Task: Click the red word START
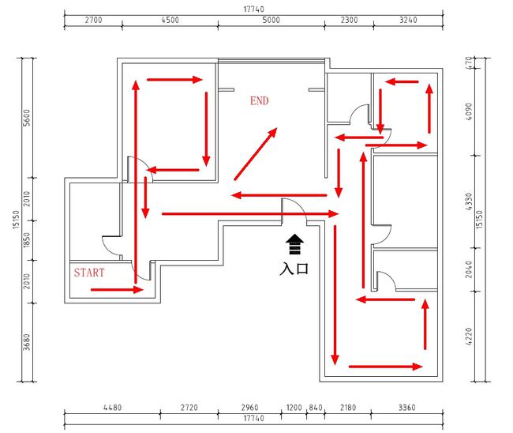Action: coord(89,273)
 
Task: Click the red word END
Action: coord(260,101)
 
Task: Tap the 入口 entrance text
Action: coord(294,269)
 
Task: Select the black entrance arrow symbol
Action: coord(294,244)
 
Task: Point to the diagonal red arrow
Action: coord(256,154)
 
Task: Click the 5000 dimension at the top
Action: coord(271,20)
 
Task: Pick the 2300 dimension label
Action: coord(349,20)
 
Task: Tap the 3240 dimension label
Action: coord(408,20)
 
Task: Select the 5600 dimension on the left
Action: coord(27,118)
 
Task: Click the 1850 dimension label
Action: coord(27,240)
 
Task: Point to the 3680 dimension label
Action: coord(27,342)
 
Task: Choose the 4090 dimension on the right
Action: coord(469,111)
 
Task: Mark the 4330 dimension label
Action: coord(469,201)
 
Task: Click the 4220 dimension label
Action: coord(469,337)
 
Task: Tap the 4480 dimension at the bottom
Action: coord(112,408)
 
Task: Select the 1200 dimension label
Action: coord(294,408)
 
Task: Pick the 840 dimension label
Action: coord(316,408)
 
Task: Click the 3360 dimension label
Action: coord(407,408)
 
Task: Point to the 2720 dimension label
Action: coord(189,408)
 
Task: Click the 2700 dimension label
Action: coord(94,20)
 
